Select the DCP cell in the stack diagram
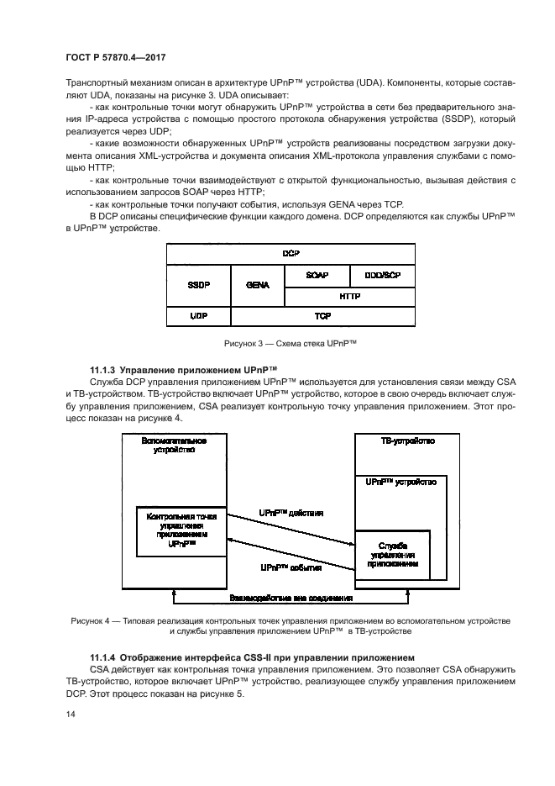point(291,253)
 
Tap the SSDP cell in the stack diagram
point(198,285)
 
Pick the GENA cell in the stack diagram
point(257,285)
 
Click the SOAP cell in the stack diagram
point(318,275)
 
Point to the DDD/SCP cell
point(381,275)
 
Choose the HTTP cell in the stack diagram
point(349,296)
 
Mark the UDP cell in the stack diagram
point(198,316)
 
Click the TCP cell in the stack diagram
point(322,316)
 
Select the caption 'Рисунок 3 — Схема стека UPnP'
point(291,343)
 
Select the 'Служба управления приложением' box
point(393,555)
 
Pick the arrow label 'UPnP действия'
point(291,511)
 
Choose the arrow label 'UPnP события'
point(291,568)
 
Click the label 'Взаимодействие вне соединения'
point(291,599)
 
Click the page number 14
point(70,714)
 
